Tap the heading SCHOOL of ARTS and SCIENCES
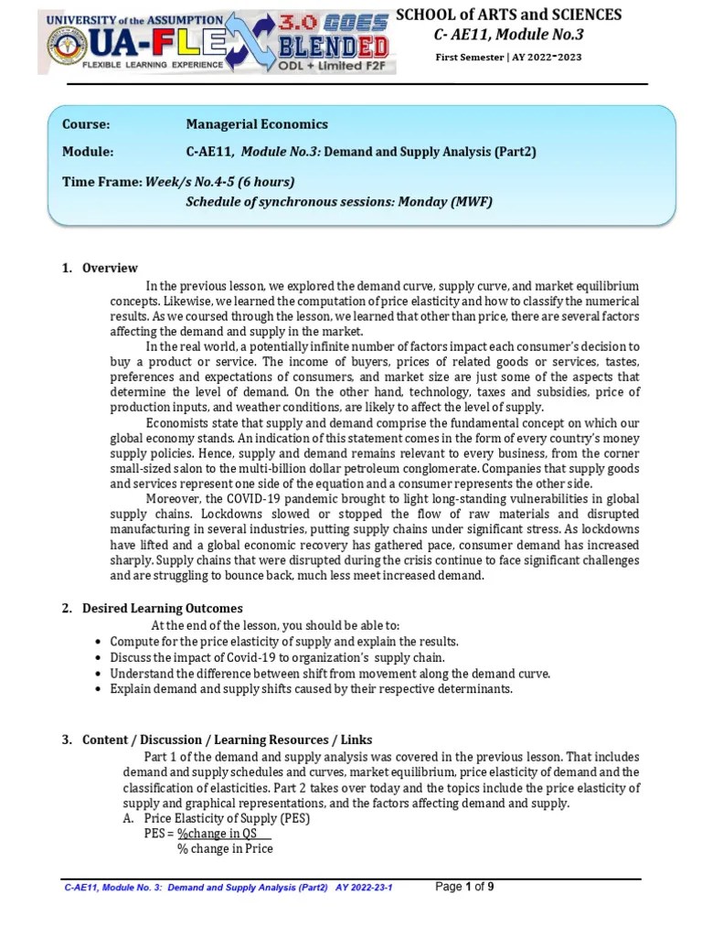pos(508,15)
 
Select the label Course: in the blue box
pos(86,124)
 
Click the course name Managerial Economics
pos(257,124)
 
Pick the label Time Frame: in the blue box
pos(101,181)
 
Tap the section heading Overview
pos(110,268)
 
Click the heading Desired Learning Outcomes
pos(163,608)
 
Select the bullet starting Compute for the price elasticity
pos(283,642)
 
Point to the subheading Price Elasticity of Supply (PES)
pos(227,818)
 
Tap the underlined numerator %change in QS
pos(218,834)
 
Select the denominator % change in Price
pos(225,849)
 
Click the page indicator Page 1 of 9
pos(465,887)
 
